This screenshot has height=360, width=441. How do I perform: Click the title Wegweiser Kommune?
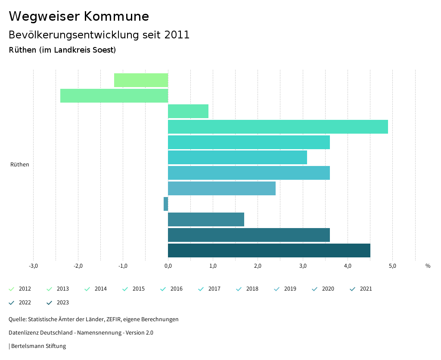click(x=79, y=16)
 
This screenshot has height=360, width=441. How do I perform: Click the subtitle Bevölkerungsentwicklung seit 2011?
click(x=99, y=35)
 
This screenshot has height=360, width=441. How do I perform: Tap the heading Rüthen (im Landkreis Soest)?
click(x=62, y=50)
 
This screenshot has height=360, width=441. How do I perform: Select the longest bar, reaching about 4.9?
click(x=278, y=127)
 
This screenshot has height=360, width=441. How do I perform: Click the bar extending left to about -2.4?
click(x=114, y=96)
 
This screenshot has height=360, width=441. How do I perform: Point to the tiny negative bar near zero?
click(x=166, y=204)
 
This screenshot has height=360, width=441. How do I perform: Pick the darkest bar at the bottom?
click(x=269, y=250)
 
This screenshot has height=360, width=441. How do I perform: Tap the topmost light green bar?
click(x=141, y=80)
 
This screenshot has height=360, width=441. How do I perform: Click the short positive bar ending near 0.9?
click(x=188, y=111)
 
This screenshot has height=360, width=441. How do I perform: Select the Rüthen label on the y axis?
click(x=20, y=165)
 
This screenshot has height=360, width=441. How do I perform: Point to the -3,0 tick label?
click(x=33, y=266)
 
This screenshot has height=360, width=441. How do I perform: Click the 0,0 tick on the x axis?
click(x=168, y=266)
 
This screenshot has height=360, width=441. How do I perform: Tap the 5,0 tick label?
click(x=392, y=266)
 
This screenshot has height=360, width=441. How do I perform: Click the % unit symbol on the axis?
click(x=428, y=266)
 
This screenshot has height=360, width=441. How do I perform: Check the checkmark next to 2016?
click(x=163, y=289)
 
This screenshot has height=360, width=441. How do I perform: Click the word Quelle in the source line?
click(x=17, y=319)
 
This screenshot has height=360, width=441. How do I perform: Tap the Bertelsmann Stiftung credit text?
click(x=38, y=346)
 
